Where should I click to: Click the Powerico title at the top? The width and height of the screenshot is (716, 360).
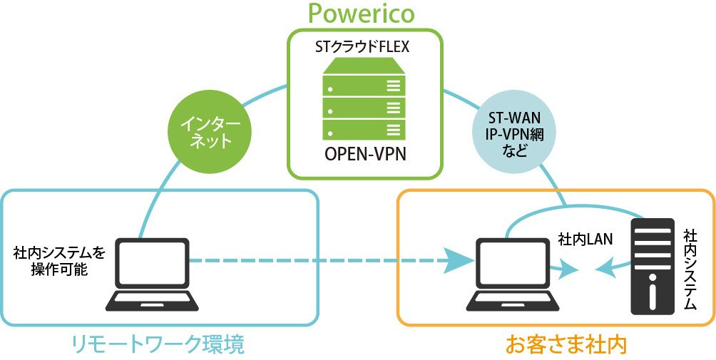pyautogui.click(x=361, y=13)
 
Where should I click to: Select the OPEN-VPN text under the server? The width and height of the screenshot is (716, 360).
pyautogui.click(x=365, y=155)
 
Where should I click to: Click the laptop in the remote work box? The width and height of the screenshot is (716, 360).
pyautogui.click(x=153, y=274)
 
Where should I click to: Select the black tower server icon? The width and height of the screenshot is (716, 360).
pyautogui.click(x=652, y=267)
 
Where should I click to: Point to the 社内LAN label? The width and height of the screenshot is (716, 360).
pyautogui.click(x=585, y=240)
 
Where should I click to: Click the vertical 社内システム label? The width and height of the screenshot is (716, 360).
pyautogui.click(x=690, y=269)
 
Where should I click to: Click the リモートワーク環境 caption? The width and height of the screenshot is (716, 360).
pyautogui.click(x=158, y=344)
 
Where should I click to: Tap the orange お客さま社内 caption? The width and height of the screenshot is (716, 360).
pyautogui.click(x=566, y=344)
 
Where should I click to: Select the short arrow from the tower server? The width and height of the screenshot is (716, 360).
pyautogui.click(x=615, y=267)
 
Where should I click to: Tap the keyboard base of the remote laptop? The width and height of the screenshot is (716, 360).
pyautogui.click(x=153, y=301)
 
